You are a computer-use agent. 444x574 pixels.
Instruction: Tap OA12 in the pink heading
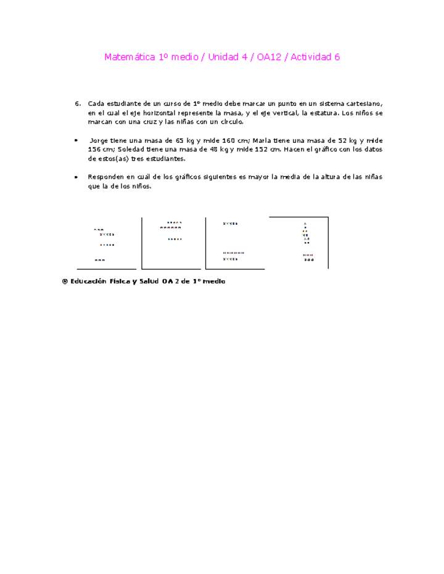click(x=271, y=57)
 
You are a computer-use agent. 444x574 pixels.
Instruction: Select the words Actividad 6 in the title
click(x=315, y=57)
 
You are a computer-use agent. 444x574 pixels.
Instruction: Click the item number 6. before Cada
click(x=78, y=104)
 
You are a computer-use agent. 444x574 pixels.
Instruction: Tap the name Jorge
click(x=99, y=140)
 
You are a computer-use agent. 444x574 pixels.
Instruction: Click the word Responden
click(x=105, y=177)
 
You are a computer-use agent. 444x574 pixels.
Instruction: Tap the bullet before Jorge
click(x=76, y=140)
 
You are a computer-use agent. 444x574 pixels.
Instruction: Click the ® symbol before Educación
click(x=64, y=281)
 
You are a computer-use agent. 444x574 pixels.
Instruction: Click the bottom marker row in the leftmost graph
click(x=99, y=260)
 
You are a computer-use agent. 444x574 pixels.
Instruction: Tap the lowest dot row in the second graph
click(x=175, y=239)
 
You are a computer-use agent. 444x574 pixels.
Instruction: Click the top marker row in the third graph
click(x=230, y=224)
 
